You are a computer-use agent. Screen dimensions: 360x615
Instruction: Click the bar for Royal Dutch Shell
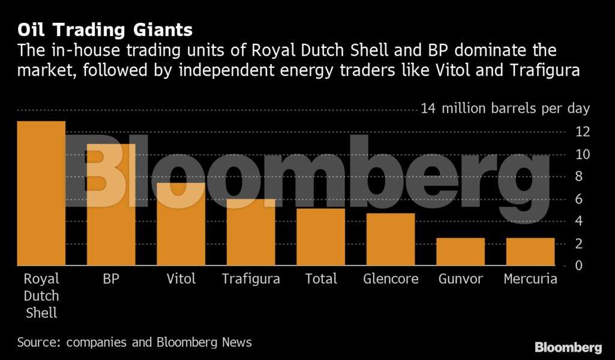41,193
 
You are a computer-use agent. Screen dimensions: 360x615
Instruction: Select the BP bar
111,204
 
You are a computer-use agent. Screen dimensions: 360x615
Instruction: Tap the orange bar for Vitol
181,224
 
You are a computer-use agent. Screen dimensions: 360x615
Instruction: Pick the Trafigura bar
251,232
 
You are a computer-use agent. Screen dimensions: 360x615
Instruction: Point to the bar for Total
320,237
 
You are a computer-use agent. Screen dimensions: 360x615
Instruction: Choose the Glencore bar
391,239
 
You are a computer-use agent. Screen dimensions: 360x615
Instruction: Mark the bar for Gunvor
460,251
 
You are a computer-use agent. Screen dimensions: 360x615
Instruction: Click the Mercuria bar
530,251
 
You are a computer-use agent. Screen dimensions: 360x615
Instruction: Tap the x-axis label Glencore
391,279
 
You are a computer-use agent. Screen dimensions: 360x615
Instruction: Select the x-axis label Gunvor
460,279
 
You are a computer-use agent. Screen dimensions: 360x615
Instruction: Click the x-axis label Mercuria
530,279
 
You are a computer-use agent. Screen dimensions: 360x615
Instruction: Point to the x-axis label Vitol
181,279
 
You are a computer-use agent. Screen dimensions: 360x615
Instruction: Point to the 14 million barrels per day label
505,109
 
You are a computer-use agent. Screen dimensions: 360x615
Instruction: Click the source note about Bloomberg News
134,343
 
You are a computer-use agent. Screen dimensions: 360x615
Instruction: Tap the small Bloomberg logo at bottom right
568,347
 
